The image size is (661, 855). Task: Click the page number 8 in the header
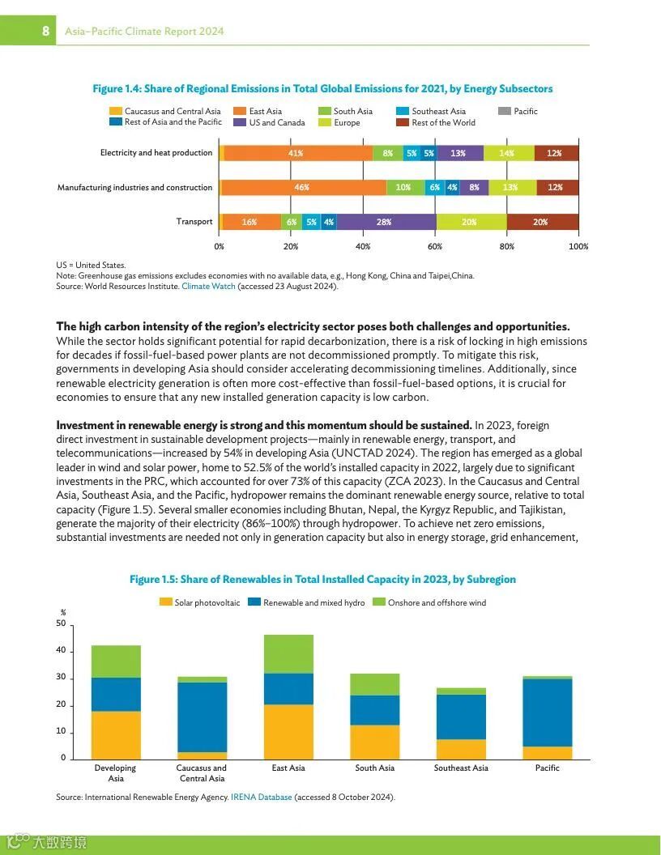click(46, 31)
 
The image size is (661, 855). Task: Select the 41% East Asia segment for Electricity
click(296, 153)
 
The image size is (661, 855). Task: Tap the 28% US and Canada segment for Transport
click(385, 222)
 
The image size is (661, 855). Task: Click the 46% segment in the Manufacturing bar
click(302, 188)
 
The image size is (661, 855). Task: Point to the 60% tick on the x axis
click(435, 246)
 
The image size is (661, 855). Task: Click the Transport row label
click(194, 222)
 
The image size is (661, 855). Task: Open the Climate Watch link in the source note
click(208, 286)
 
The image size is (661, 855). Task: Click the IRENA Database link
click(261, 797)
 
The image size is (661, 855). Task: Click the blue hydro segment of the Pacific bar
click(548, 712)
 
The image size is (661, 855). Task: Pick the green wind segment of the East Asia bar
click(288, 654)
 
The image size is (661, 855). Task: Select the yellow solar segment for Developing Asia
click(116, 734)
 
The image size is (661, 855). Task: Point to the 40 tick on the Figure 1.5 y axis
click(62, 651)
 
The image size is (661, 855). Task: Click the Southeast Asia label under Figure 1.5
click(461, 768)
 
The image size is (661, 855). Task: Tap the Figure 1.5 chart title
click(322, 580)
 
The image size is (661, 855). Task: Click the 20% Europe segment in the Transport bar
click(471, 222)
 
